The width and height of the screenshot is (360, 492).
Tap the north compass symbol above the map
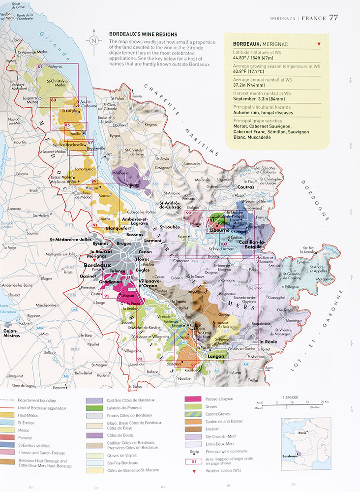[93, 41]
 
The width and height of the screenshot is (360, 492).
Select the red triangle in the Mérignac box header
[319, 44]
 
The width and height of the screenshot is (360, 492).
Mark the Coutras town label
[255, 187]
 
